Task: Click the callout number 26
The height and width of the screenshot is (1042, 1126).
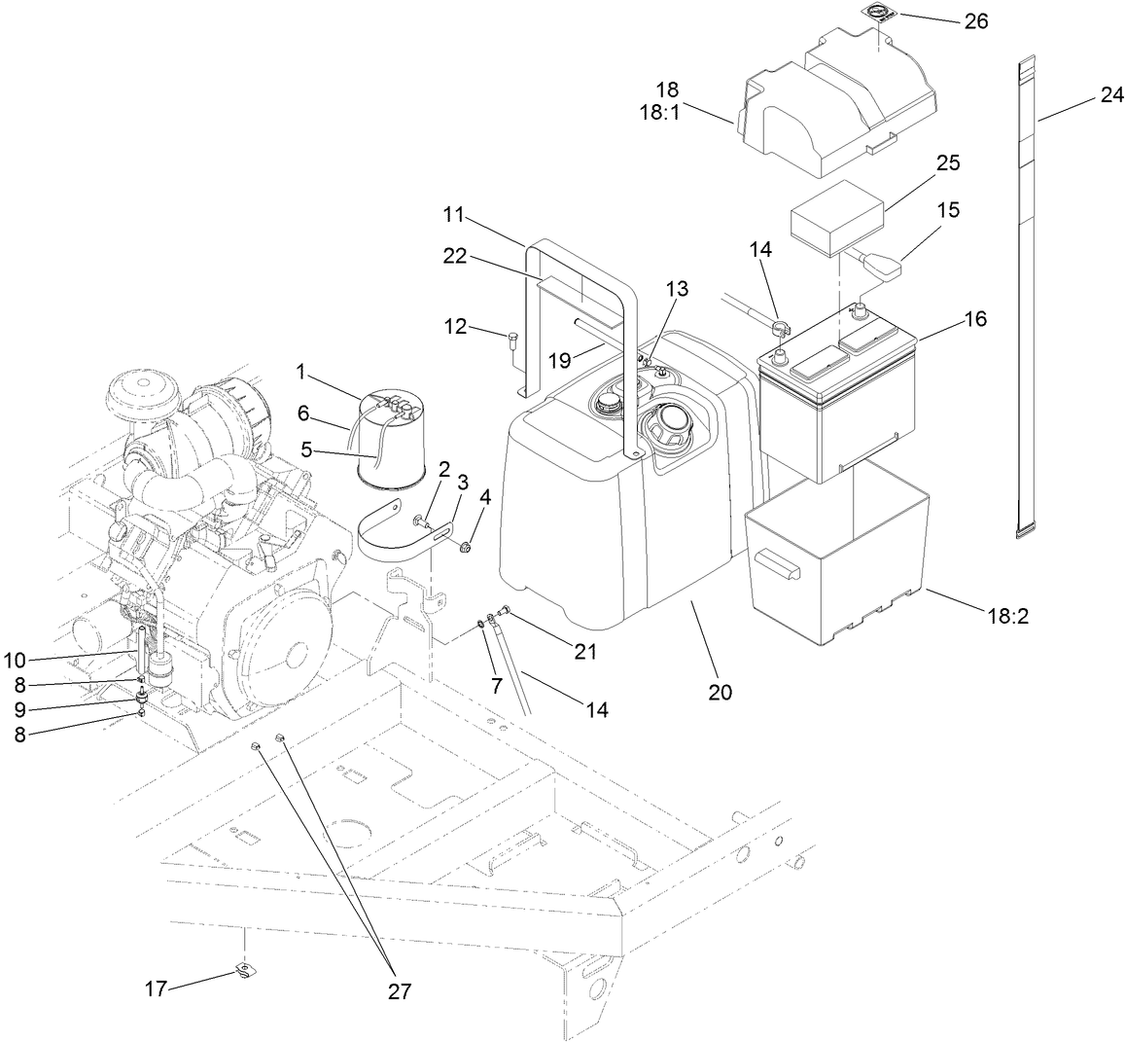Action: tap(975, 20)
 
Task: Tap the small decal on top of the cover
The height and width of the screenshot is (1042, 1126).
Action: tap(880, 12)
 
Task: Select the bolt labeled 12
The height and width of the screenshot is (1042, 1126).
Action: tap(512, 340)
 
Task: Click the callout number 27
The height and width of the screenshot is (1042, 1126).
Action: tap(399, 991)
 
